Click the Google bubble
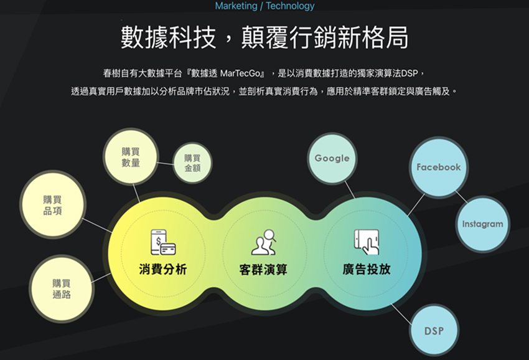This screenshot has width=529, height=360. pos(332,158)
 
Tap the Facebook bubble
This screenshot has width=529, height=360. pos(438,167)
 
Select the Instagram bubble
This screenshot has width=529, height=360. pos(482,224)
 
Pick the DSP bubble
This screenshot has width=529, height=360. pos(434,331)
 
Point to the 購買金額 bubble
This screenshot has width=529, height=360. pos(192,163)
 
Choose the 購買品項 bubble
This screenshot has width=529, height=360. pos(52,204)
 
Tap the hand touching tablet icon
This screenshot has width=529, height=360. pos(367,242)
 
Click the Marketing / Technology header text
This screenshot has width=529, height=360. pos(264,6)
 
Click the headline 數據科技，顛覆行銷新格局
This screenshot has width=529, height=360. pos(264,37)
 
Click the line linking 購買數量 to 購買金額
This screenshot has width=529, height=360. pos(165,164)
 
